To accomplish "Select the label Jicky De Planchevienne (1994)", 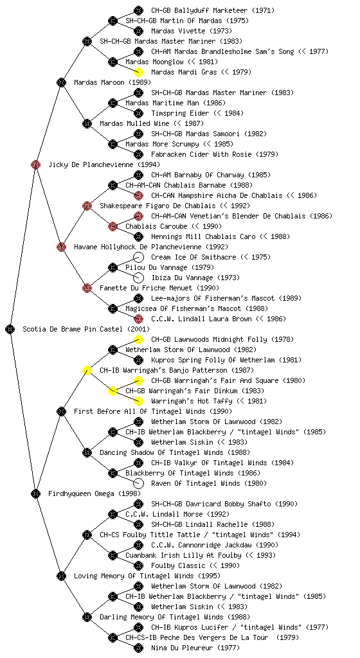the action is (x=104, y=164).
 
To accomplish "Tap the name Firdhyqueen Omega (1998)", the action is (x=94, y=493).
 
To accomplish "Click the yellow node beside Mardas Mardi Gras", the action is (x=138, y=72).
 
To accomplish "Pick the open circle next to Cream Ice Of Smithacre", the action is (x=138, y=257).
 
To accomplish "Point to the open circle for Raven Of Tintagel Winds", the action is (x=138, y=483).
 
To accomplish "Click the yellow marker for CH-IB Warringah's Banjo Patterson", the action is (x=87, y=370).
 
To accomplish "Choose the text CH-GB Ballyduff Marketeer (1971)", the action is (x=207, y=10).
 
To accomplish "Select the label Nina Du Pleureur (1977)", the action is (x=195, y=648).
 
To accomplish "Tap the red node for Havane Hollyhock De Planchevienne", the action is (x=61, y=247).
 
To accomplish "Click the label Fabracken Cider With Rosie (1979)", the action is (x=215, y=154).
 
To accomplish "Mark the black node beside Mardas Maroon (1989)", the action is (x=61, y=82).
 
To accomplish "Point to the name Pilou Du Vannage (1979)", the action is (x=170, y=267).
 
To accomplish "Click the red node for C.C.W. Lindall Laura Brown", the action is (x=138, y=319).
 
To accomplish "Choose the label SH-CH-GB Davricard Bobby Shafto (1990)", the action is (x=224, y=504).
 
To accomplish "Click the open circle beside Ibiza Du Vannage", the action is (x=138, y=278).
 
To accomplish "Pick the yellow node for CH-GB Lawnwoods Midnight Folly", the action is (x=138, y=339).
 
